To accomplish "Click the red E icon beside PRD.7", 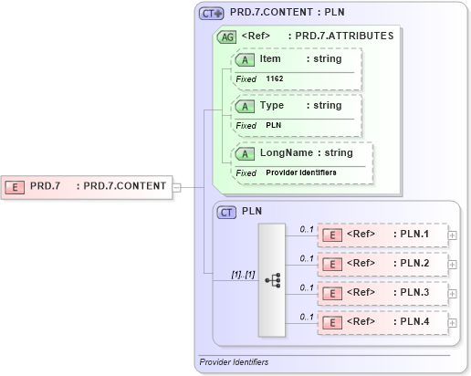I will [16, 186].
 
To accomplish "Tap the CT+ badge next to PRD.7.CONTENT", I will [212, 14].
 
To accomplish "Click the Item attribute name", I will [270, 58].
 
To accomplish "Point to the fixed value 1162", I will [275, 79].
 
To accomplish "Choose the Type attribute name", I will [272, 105].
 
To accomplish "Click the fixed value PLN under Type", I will [273, 125].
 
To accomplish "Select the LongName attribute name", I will [282, 152].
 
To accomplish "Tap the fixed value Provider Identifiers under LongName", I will [300, 172].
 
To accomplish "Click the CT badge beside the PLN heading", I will [227, 212].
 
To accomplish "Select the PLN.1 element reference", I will [383, 235].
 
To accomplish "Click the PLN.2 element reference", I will [383, 264].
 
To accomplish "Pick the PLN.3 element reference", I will [383, 293].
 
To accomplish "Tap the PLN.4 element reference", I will [383, 322].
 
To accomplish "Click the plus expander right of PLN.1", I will [453, 235].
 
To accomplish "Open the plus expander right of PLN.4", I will [453, 322].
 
